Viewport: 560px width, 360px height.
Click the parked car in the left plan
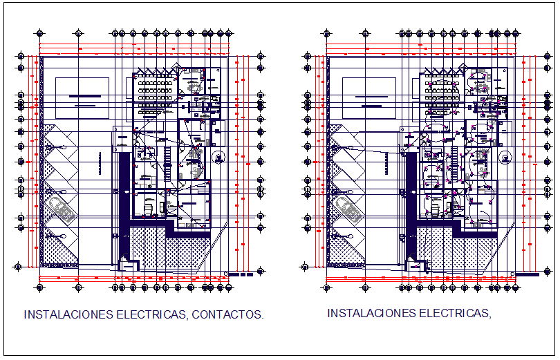[62, 208]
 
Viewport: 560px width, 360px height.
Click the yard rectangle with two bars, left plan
[82, 97]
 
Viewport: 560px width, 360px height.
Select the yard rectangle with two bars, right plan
[369, 97]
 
